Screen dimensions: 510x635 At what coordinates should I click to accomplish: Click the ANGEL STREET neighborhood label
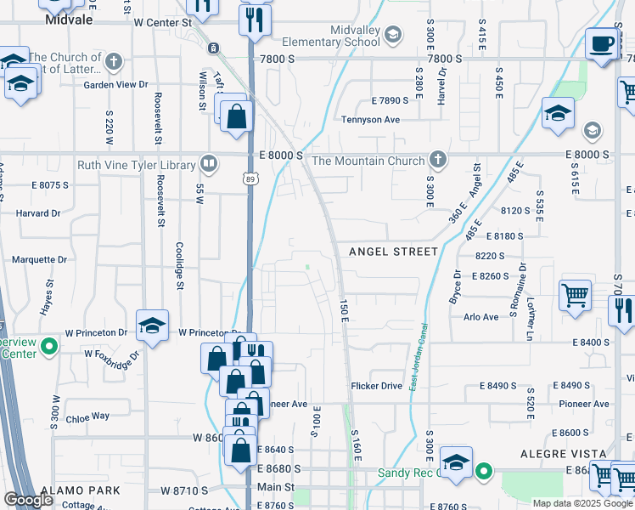click(x=394, y=252)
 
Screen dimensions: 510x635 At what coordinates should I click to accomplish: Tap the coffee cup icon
click(x=603, y=43)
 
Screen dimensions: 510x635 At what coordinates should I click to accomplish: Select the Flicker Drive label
click(x=376, y=386)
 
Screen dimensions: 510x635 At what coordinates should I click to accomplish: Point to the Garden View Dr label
click(x=115, y=85)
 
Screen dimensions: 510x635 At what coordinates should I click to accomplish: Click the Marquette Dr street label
click(x=38, y=259)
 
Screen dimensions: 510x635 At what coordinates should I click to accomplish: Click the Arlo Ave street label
click(x=481, y=317)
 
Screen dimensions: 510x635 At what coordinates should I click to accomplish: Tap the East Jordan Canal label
click(x=415, y=357)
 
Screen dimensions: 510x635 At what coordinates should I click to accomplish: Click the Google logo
click(x=29, y=500)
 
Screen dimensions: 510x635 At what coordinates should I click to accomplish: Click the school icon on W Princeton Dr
click(x=152, y=326)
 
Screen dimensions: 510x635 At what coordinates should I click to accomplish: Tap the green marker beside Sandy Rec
click(x=484, y=470)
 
